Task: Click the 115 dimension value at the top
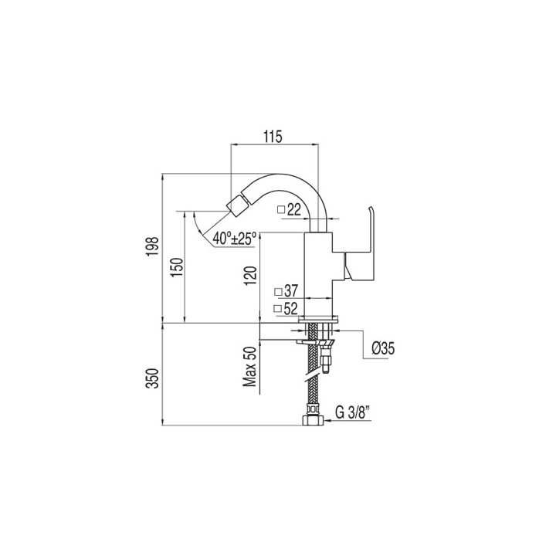point(273,137)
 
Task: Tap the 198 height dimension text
point(153,247)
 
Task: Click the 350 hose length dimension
point(153,378)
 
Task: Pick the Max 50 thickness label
point(249,367)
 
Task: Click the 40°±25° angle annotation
point(235,239)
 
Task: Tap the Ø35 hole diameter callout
point(383,347)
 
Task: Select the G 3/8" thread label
point(352,412)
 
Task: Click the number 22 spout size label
point(294,209)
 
